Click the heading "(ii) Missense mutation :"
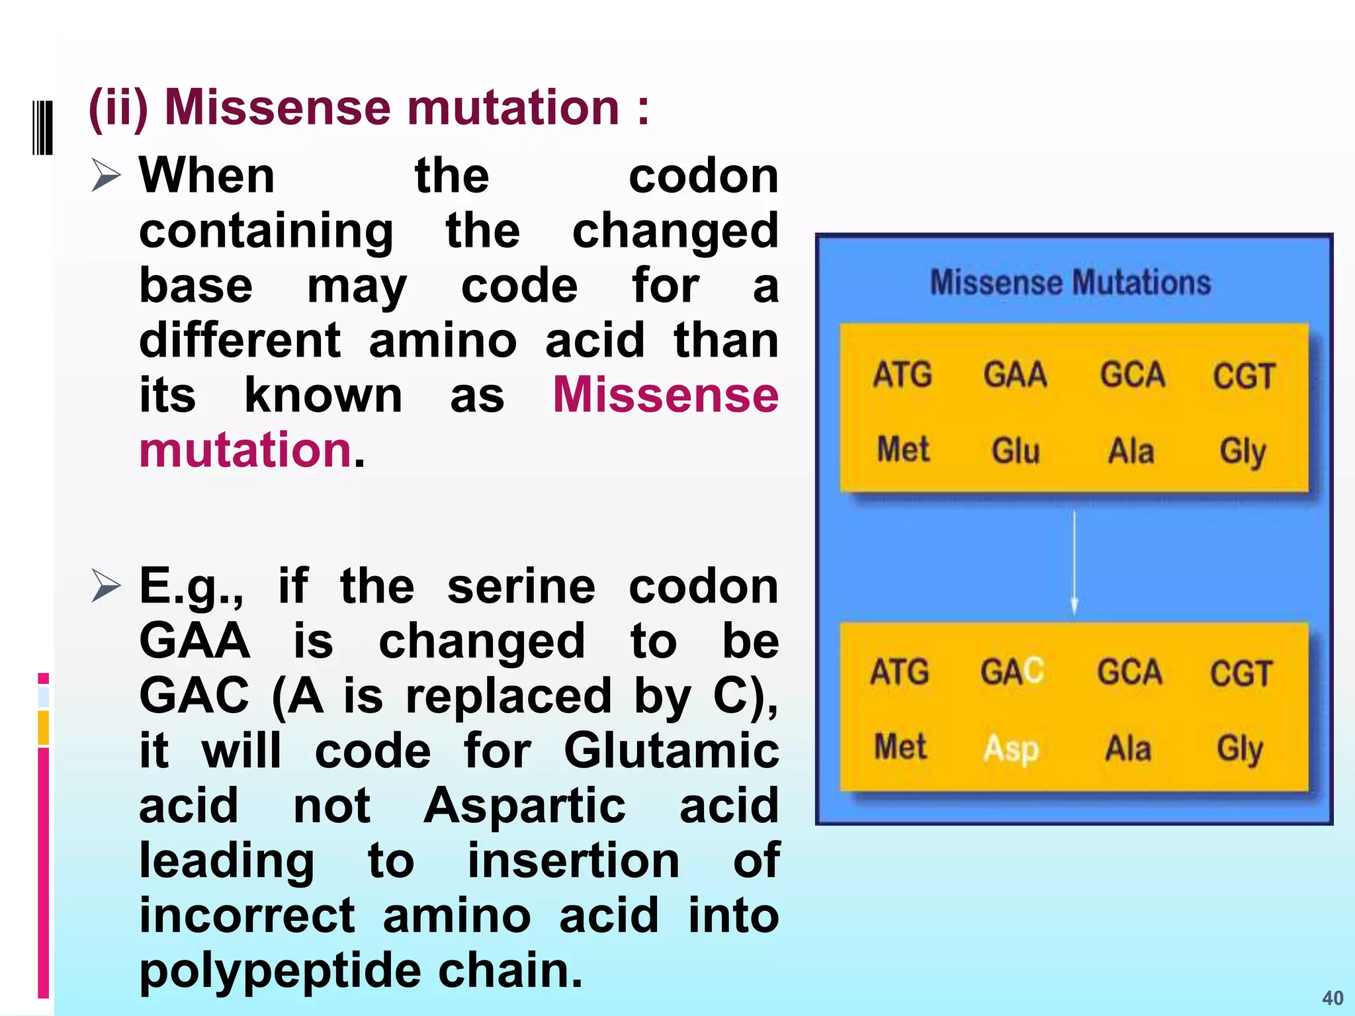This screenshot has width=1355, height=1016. pyautogui.click(x=368, y=107)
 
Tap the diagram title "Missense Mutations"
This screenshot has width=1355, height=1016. pyautogui.click(x=1071, y=282)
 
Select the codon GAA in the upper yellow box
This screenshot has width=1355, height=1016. pyautogui.click(x=1015, y=374)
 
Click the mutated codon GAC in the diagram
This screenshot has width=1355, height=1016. pyautogui.click(x=1012, y=672)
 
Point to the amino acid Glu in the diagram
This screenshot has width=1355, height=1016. pyautogui.click(x=1016, y=451)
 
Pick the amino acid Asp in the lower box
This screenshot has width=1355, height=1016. pyautogui.click(x=1011, y=749)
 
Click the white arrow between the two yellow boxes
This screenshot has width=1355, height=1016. pyautogui.click(x=1074, y=562)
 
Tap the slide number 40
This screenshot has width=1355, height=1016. pyautogui.click(x=1333, y=997)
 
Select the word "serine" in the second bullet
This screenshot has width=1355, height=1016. pyautogui.click(x=521, y=586)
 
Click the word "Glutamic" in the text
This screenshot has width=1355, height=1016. pyautogui.click(x=671, y=751)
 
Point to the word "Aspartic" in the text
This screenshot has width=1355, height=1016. pyautogui.click(x=525, y=806)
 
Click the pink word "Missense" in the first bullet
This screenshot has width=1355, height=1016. pyautogui.click(x=665, y=395)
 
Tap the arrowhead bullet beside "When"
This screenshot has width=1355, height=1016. pyautogui.click(x=106, y=175)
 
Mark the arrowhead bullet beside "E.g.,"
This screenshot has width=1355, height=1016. pyautogui.click(x=106, y=586)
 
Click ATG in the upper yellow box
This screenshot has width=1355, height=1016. pyautogui.click(x=902, y=374)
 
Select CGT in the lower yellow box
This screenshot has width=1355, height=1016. pyautogui.click(x=1241, y=673)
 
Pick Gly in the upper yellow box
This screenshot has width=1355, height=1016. pyautogui.click(x=1243, y=452)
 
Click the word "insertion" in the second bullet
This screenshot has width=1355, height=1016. pyautogui.click(x=574, y=861)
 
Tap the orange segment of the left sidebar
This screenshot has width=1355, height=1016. pyautogui.click(x=43, y=728)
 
